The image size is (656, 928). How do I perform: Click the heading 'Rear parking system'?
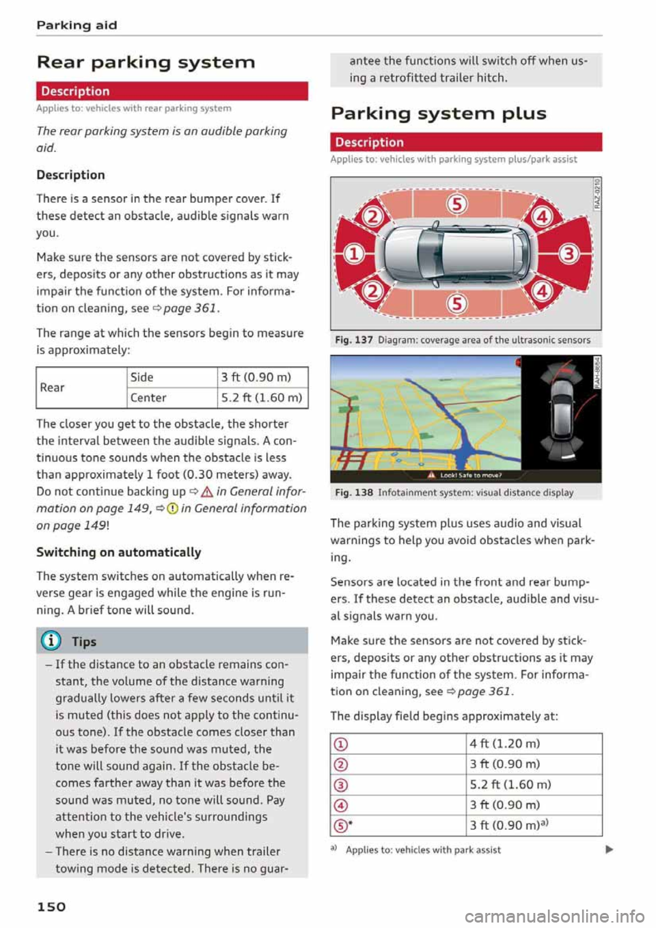tap(146, 62)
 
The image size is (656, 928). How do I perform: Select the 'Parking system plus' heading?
tap(438, 113)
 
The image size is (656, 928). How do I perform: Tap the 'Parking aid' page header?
tap(77, 25)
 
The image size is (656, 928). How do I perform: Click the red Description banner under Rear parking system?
tap(172, 91)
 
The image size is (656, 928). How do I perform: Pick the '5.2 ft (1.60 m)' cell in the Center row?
tap(262, 398)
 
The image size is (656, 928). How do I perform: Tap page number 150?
tap(51, 906)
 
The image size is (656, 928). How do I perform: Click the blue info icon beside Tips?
tap(52, 641)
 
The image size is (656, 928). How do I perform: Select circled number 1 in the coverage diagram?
tap(353, 254)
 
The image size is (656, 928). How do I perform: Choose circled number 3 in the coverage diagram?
tap(569, 254)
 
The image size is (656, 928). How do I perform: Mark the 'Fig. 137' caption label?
tap(354, 340)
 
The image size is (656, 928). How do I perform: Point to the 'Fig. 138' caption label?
tap(354, 492)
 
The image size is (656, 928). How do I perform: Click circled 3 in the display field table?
tap(340, 785)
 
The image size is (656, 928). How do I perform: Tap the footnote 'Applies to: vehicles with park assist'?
tap(423, 849)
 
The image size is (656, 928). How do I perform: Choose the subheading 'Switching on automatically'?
tap(119, 552)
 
